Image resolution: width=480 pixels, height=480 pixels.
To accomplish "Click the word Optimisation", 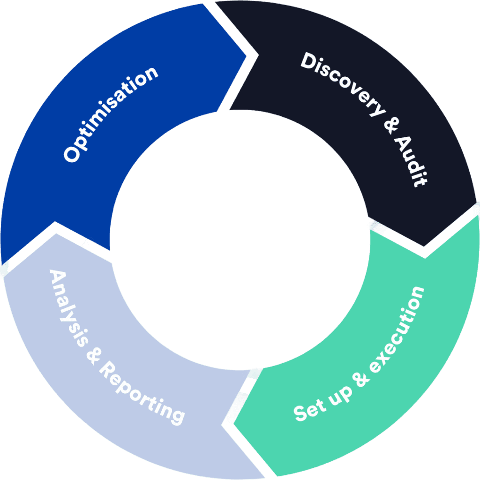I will [111, 115].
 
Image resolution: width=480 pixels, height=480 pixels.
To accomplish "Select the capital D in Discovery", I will [309, 61].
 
